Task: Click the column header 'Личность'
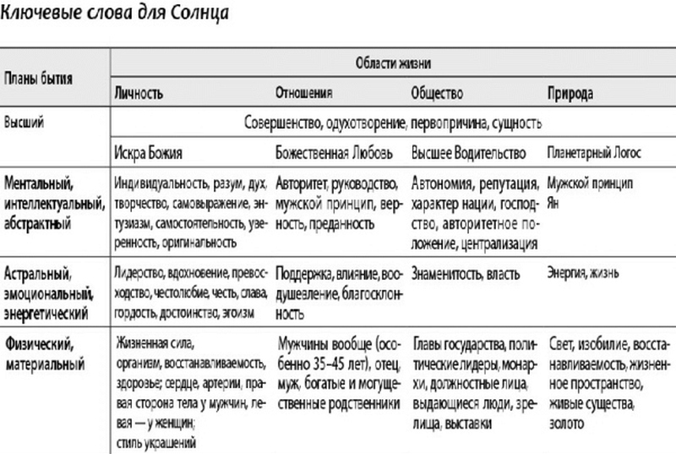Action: click(x=139, y=92)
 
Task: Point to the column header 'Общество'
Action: click(x=436, y=92)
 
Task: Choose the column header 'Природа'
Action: click(x=570, y=92)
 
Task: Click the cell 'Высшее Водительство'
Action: click(x=469, y=153)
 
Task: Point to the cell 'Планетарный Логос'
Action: click(x=595, y=153)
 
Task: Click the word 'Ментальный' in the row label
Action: click(x=41, y=183)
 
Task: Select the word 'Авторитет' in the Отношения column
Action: click(x=303, y=183)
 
